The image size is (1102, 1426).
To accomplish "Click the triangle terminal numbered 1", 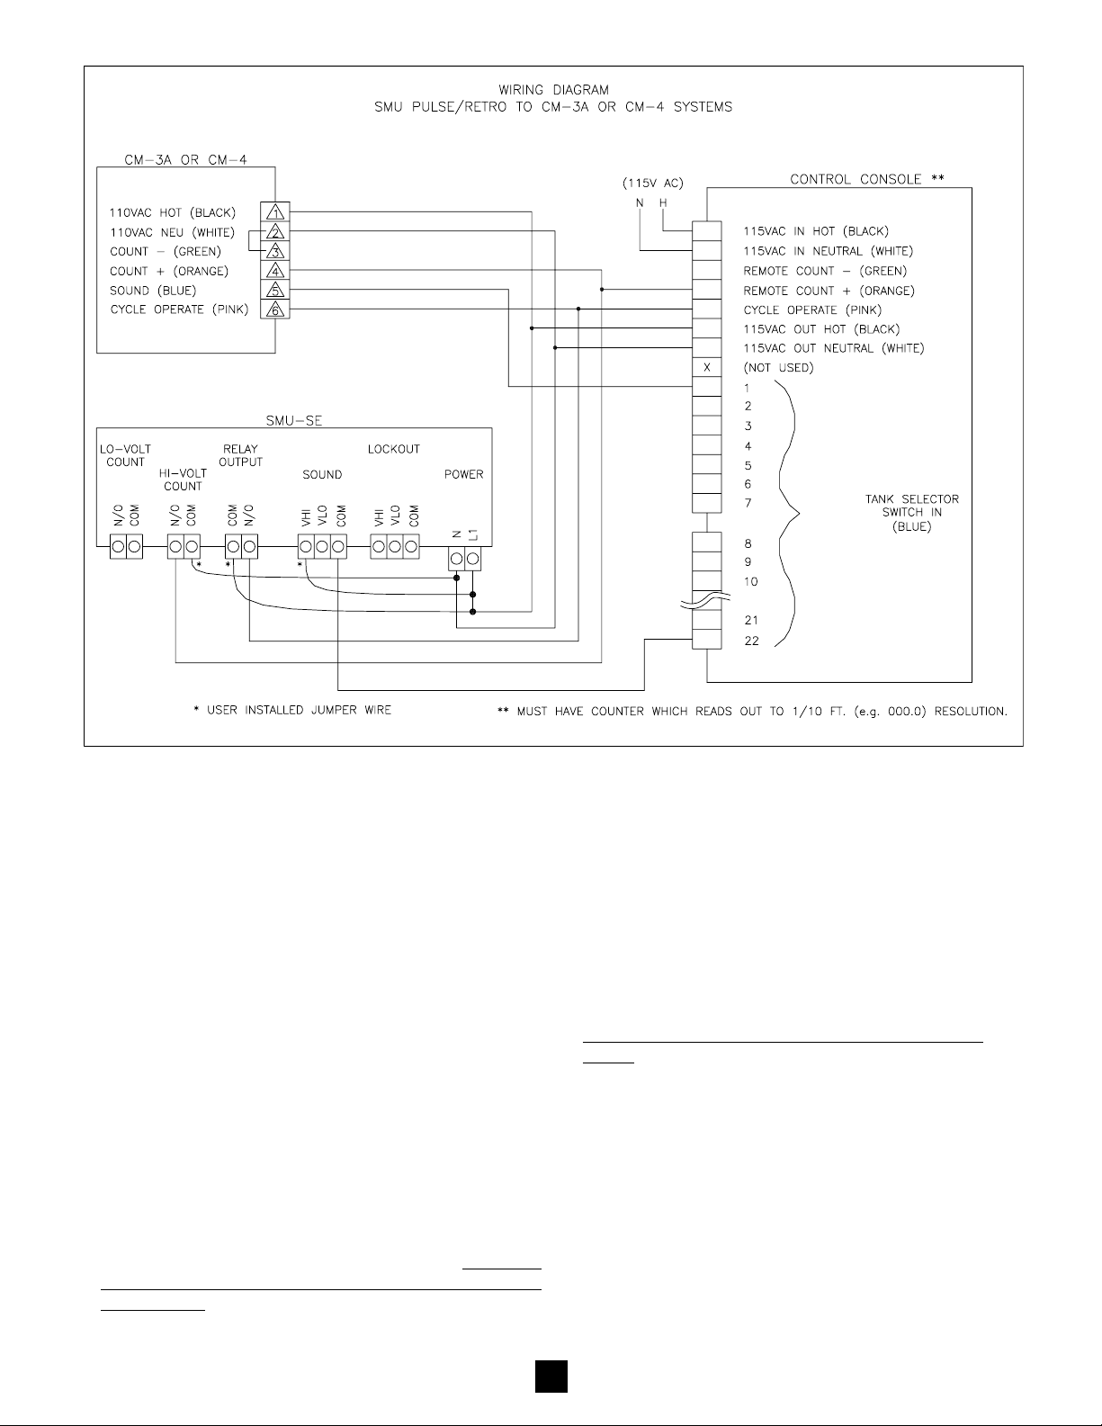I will (275, 213).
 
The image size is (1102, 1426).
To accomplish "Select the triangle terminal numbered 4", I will (275, 271).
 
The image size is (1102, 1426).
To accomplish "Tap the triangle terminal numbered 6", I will (275, 309).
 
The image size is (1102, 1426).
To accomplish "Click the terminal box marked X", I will (706, 368).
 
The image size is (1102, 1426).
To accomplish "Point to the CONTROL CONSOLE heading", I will (867, 179).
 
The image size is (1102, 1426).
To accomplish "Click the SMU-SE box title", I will (294, 419).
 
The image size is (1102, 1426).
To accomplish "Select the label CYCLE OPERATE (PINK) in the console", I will (813, 310).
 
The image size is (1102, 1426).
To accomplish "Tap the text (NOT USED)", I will (778, 368).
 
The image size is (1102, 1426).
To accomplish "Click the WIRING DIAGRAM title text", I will (553, 90).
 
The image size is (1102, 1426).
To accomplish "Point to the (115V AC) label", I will (651, 184).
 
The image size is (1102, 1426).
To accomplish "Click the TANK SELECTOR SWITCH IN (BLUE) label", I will (906, 513).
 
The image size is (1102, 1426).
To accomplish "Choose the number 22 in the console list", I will (751, 641).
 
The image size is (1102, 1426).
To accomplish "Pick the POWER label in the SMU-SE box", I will (463, 474).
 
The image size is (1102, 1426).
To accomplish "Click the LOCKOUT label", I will (393, 449).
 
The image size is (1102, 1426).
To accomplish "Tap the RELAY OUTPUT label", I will (240, 455).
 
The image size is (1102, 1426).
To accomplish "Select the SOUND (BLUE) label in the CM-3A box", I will (153, 291).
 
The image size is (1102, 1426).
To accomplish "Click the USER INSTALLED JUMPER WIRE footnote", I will (292, 711).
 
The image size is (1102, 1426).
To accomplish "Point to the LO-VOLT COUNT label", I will (125, 455).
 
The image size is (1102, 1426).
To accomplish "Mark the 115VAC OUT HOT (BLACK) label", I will (821, 329).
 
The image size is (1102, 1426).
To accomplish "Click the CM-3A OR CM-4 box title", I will (185, 160).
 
